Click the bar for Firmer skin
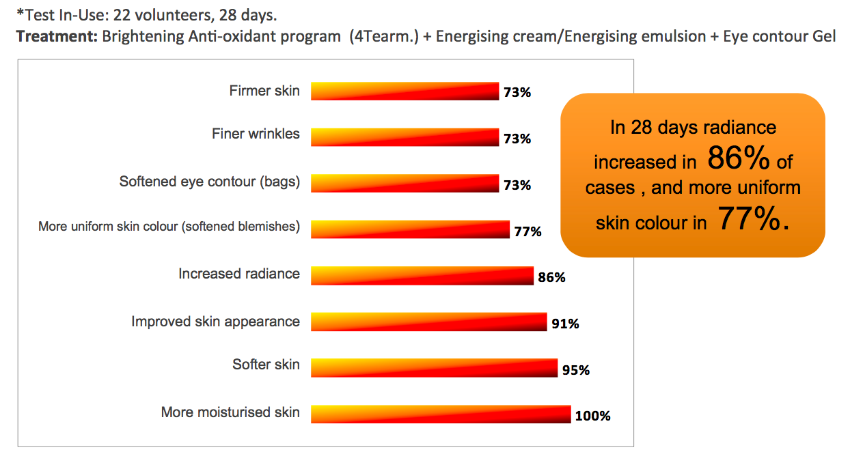[x=405, y=91]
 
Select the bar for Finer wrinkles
[x=405, y=137]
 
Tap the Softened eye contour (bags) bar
[x=405, y=183]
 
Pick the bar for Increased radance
[x=422, y=275]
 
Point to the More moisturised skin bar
[x=441, y=414]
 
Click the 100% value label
[x=592, y=416]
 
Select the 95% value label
[x=575, y=370]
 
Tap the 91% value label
[x=565, y=324]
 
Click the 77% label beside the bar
[x=527, y=231]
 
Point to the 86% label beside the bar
[x=551, y=278]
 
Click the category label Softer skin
[x=266, y=365]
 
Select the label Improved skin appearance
[x=215, y=322]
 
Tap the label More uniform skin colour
[x=169, y=227]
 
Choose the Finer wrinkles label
[x=256, y=134]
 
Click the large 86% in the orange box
[x=738, y=160]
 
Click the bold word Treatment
[x=56, y=36]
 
